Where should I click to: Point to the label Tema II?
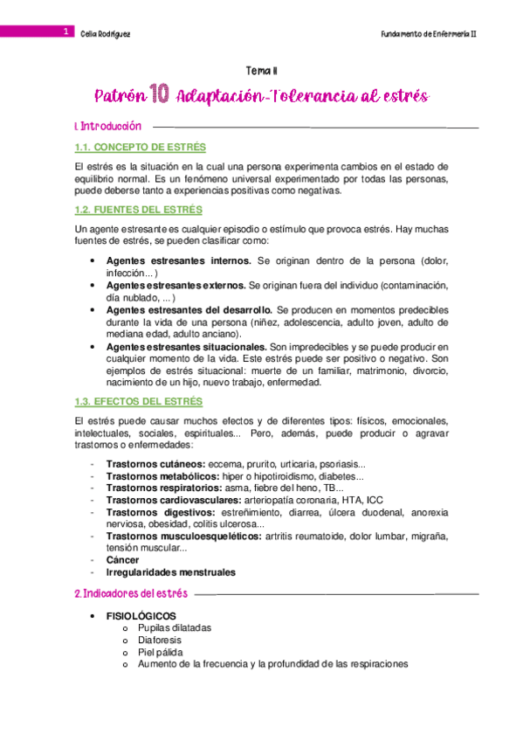tap(262, 73)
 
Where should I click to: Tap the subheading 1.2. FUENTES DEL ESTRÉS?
tap(137, 210)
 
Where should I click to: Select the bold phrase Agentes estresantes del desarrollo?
tap(189, 310)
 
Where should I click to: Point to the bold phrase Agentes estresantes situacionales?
tap(185, 347)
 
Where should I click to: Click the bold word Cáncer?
tap(122, 560)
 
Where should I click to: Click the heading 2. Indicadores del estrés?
tap(131, 594)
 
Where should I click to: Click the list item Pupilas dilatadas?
tap(174, 628)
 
